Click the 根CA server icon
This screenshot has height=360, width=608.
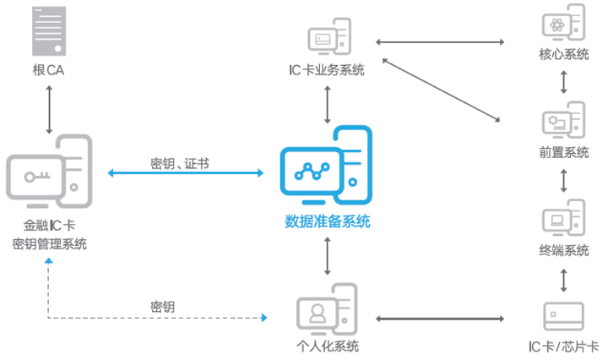point(50,30)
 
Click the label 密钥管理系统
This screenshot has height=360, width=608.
point(50,244)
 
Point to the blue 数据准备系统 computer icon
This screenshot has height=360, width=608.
point(327,166)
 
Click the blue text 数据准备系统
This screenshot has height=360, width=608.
point(327,222)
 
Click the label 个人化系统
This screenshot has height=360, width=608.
point(327,346)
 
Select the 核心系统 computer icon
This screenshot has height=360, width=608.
point(563,26)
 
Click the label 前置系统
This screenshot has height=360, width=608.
point(563,153)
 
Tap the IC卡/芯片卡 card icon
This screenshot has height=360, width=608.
point(562,317)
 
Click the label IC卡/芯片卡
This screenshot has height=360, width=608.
point(562,346)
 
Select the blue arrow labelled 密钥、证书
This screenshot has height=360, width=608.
point(185,174)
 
